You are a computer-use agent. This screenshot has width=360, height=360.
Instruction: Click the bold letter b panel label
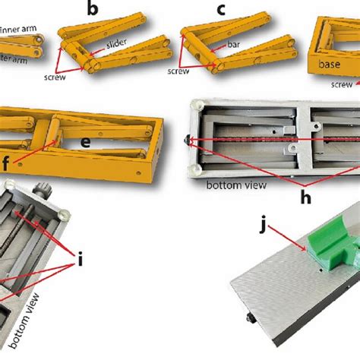93,10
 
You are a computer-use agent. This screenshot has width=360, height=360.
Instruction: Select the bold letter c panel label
221,10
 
